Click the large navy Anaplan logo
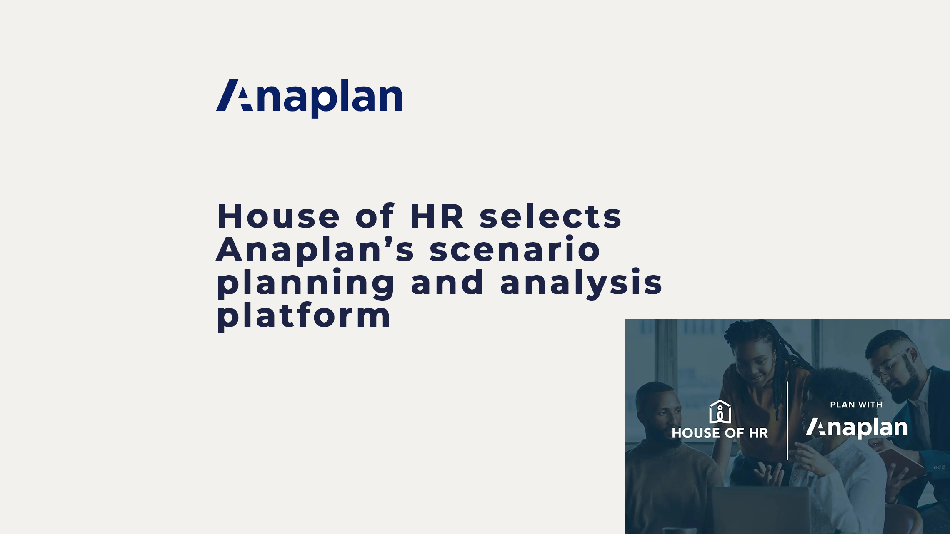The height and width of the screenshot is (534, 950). pyautogui.click(x=309, y=98)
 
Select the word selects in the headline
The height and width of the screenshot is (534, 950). pyautogui.click(x=550, y=216)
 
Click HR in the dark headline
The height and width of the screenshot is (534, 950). pyautogui.click(x=437, y=216)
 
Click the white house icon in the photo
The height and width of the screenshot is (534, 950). pyautogui.click(x=720, y=411)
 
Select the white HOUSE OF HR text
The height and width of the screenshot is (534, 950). pyautogui.click(x=720, y=433)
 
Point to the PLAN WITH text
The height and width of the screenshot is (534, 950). pyautogui.click(x=856, y=405)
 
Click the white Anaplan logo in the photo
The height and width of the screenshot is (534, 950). pyautogui.click(x=856, y=427)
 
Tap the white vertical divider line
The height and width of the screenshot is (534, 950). pyautogui.click(x=787, y=420)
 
